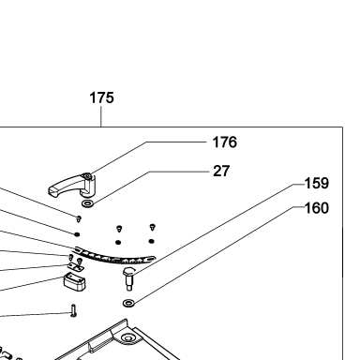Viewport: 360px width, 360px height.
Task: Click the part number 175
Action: [101, 97]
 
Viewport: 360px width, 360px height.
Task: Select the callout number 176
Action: [225, 142]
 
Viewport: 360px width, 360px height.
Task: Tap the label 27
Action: [221, 171]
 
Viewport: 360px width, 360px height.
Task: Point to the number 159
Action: [317, 183]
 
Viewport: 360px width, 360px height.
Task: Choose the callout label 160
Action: [317, 208]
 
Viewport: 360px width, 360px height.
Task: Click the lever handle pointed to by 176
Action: [72, 186]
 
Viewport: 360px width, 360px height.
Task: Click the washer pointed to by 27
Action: [87, 204]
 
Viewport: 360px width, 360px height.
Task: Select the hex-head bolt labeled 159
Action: [128, 278]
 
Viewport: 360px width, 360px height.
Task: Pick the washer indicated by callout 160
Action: [128, 303]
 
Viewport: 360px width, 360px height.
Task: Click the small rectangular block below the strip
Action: [75, 281]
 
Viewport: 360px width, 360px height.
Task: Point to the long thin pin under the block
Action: [73, 310]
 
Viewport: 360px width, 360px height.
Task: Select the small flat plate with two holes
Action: [75, 266]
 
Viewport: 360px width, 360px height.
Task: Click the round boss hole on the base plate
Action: [127, 337]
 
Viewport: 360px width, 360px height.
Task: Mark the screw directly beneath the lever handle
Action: [79, 218]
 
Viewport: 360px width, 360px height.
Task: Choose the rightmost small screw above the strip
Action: [153, 227]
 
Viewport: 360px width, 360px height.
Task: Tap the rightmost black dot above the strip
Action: [152, 241]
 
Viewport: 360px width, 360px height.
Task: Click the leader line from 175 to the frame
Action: [101, 116]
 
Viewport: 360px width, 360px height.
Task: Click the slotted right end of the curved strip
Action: [151, 259]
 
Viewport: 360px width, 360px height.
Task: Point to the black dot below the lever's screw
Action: [77, 234]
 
